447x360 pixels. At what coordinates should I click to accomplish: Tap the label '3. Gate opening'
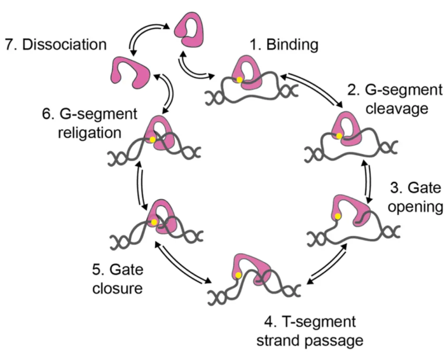point(414,198)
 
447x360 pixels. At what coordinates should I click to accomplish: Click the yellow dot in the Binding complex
point(239,80)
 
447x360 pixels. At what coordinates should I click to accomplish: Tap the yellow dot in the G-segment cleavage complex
point(339,137)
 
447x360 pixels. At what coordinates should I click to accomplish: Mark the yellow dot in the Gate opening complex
point(338,217)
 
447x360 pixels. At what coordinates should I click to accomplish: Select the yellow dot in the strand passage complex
point(238,275)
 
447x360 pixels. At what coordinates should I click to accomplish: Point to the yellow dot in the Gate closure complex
point(154,222)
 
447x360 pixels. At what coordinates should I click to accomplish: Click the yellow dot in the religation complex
point(152,140)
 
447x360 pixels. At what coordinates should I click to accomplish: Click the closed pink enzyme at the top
point(190,30)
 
